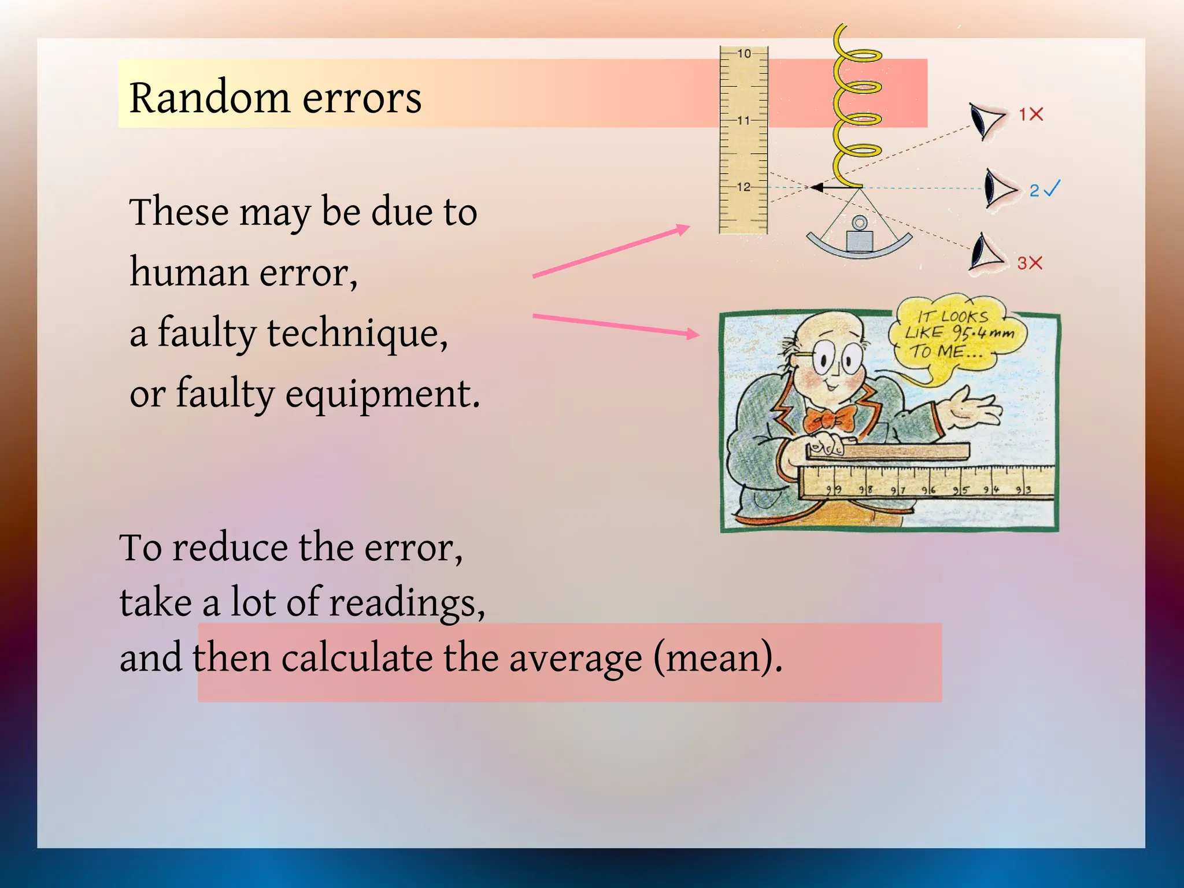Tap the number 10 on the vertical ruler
pyautogui.click(x=744, y=54)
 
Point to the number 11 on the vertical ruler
pyautogui.click(x=743, y=120)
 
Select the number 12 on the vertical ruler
pyautogui.click(x=743, y=187)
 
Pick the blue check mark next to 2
pyautogui.click(x=1053, y=188)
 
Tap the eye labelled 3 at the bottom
pyautogui.click(x=986, y=253)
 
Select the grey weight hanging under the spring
pyautogui.click(x=859, y=239)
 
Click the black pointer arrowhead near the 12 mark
pyautogui.click(x=817, y=187)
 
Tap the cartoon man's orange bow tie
pyautogui.click(x=830, y=419)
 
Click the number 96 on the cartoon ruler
pyautogui.click(x=928, y=490)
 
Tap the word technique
pyautogui.click(x=357, y=334)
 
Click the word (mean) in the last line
pyautogui.click(x=717, y=658)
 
